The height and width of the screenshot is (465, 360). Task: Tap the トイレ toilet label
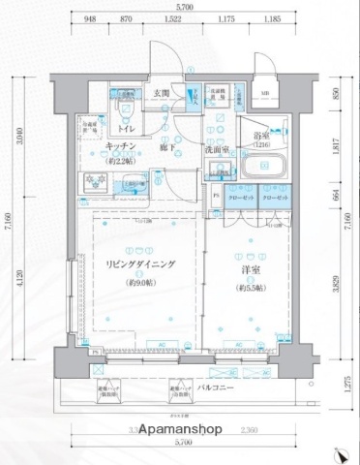pyautogui.click(x=127, y=127)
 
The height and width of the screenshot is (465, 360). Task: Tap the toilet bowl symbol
pyautogui.click(x=124, y=107)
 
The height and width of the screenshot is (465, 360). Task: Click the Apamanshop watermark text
pyautogui.click(x=180, y=429)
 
